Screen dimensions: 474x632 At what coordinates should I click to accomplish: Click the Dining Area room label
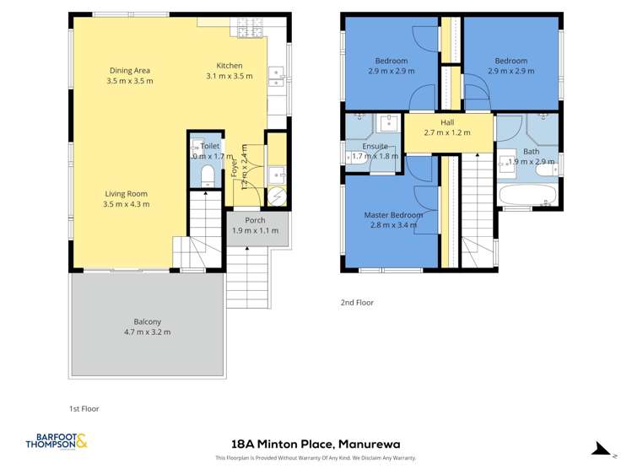[x=131, y=70]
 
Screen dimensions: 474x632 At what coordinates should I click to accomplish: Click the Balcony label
[x=148, y=321]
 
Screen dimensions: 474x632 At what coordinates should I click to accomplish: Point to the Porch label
[x=255, y=221]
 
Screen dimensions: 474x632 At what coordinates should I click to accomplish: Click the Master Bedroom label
[x=393, y=214]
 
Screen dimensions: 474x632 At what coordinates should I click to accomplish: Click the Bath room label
[x=531, y=152]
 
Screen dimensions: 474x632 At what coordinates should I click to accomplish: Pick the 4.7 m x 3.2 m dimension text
[x=148, y=332]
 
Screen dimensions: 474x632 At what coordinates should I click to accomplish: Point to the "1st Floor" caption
[x=85, y=408]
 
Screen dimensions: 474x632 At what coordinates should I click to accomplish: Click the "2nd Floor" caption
[x=357, y=302]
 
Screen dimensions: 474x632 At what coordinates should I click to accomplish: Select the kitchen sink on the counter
[x=276, y=78]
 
